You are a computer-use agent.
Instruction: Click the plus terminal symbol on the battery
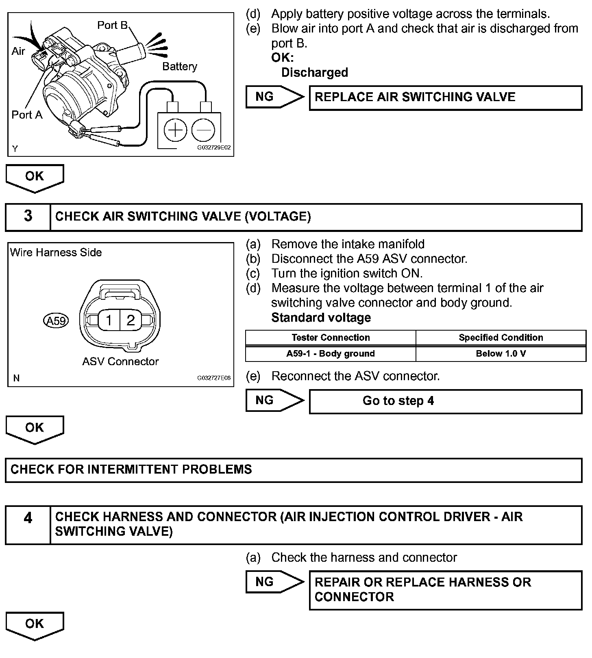[x=175, y=130]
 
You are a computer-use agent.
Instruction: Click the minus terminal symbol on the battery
[x=203, y=130]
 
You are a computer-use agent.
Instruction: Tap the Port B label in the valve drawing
[x=113, y=25]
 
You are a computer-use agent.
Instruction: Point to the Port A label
[x=27, y=115]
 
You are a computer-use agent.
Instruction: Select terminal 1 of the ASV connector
[x=109, y=320]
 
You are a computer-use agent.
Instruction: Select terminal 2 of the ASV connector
[x=131, y=320]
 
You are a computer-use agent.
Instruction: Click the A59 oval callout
[x=56, y=321]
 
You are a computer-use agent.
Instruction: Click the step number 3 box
[x=28, y=216]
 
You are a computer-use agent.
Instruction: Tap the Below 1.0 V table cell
[x=501, y=353]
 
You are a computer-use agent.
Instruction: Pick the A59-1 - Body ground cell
[x=330, y=353]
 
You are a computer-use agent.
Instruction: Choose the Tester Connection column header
[x=330, y=338]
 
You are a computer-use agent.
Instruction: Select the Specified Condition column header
[x=501, y=338]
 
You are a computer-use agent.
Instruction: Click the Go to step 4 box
[x=445, y=401]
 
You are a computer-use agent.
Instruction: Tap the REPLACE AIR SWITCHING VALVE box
[x=445, y=97]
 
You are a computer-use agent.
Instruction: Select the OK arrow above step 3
[x=35, y=177]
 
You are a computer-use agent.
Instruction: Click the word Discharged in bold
[x=315, y=72]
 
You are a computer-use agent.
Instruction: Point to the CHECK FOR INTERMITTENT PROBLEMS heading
[x=131, y=470]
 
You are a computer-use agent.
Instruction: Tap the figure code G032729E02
[x=214, y=147]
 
